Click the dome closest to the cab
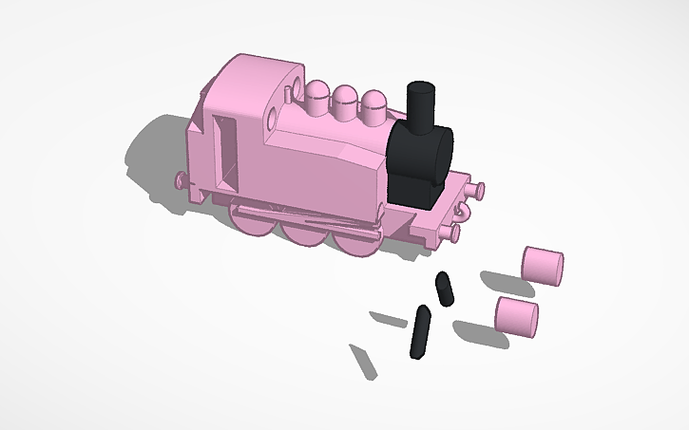coord(317,95)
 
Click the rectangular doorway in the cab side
coord(226,150)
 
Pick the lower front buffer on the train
coord(451,231)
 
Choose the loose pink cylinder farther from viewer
coord(543,266)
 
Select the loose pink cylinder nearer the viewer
coord(517,316)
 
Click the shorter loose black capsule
coord(444,290)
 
